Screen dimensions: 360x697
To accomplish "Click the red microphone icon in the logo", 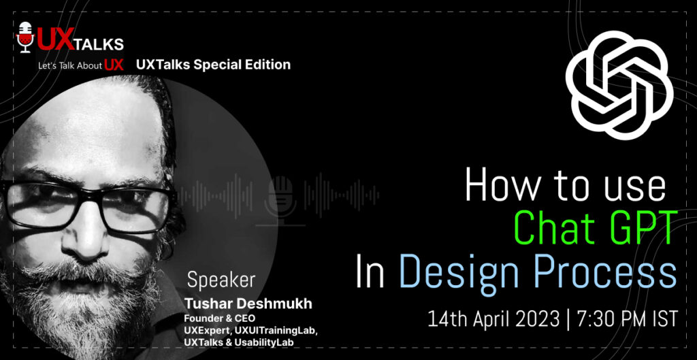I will point(25,38).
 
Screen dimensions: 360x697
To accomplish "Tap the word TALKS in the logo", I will point(99,44).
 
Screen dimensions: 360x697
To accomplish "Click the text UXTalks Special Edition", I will point(213,65).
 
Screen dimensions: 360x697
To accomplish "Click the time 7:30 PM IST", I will point(625,318).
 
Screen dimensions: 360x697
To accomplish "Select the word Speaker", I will point(221,280).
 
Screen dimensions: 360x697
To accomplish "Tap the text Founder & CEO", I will point(218,317).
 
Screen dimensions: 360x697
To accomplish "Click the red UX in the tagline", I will point(114,65).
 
